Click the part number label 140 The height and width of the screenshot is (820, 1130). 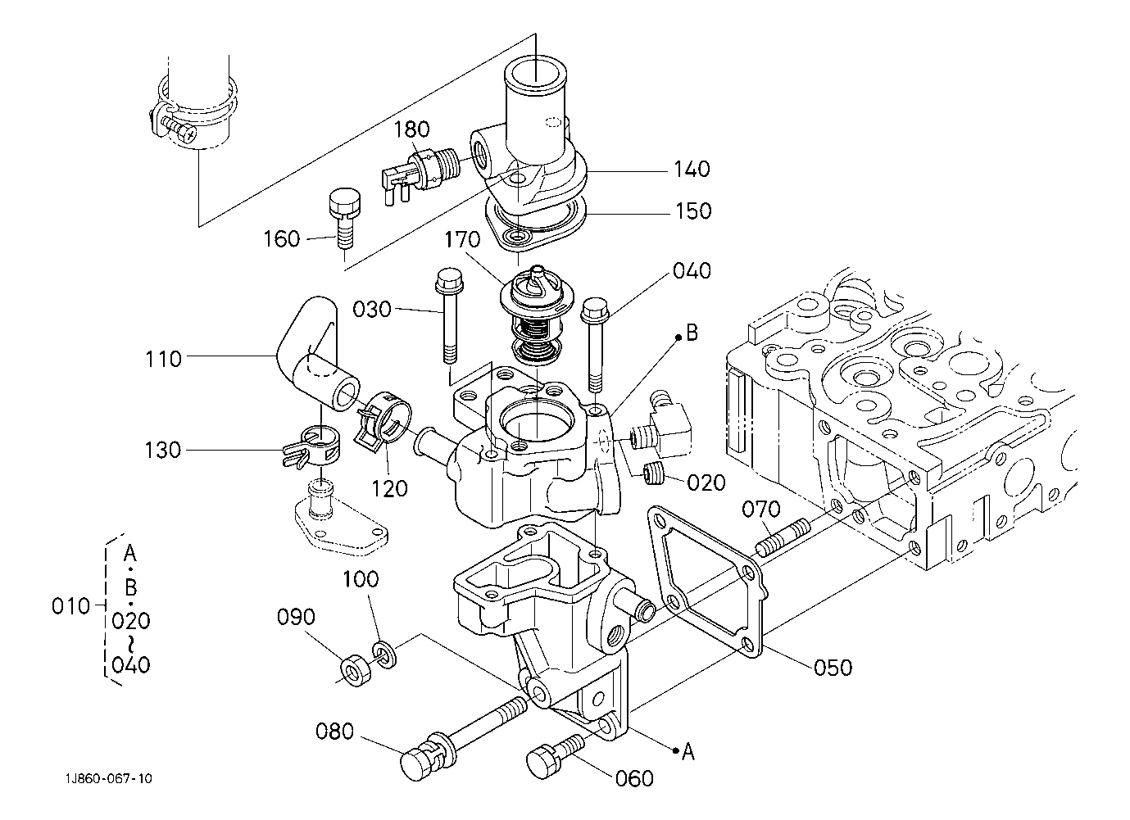coord(692,169)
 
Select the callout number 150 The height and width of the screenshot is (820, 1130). coord(693,211)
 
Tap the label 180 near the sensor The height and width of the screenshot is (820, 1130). coord(411,129)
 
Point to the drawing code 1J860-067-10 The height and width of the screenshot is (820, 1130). coord(108,779)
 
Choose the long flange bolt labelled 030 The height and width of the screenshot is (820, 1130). coord(449,315)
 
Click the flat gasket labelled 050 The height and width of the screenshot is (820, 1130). coord(706,581)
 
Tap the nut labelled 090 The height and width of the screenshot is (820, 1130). coord(356,672)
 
